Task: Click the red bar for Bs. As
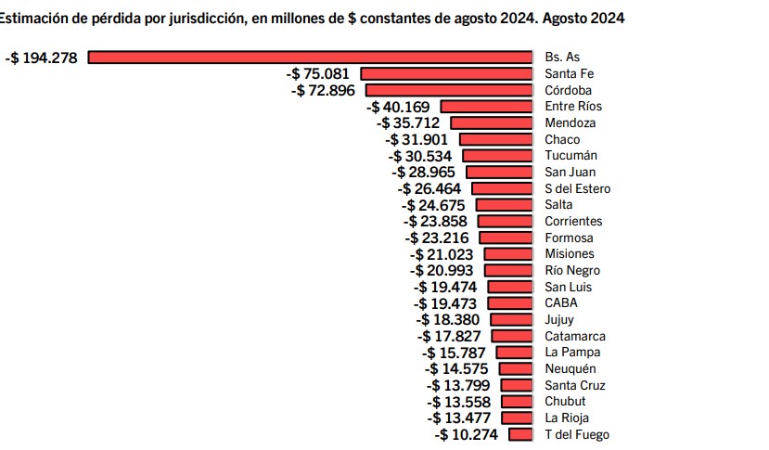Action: coord(311,58)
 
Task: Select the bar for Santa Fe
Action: coord(447,73)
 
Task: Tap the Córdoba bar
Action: coord(450,90)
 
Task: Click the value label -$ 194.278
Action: coord(42,58)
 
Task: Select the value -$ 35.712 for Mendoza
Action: coord(408,122)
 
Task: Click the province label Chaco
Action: coord(562,139)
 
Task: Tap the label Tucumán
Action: coord(570,156)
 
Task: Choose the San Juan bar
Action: coord(500,172)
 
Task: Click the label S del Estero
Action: coord(578,188)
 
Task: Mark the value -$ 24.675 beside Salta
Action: coord(435,205)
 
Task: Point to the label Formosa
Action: coord(569,238)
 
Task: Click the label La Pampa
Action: coord(572,352)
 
